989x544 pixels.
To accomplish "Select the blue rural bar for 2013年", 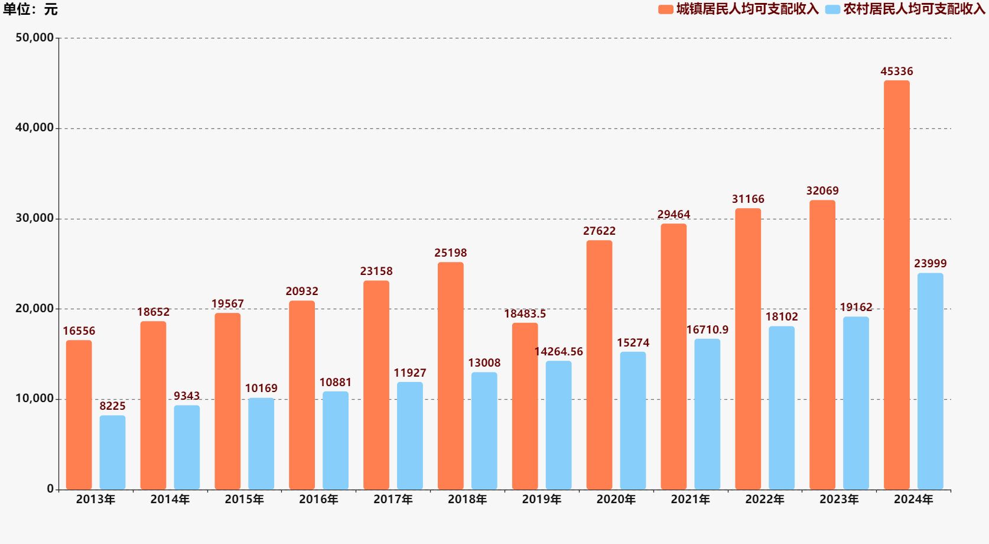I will pos(112,452).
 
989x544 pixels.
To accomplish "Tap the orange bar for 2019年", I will pos(525,406).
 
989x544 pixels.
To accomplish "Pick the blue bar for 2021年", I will pos(707,414).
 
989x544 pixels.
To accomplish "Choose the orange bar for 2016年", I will pos(302,395).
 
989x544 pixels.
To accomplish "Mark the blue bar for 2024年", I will pos(930,381).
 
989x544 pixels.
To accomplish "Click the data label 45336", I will pos(896,72).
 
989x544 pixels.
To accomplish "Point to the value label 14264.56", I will pos(558,352).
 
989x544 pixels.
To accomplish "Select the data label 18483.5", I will pos(525,314).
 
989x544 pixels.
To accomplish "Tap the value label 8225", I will pos(112,406).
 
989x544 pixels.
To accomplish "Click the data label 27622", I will pos(599,231).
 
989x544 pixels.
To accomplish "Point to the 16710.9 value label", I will pos(707,330).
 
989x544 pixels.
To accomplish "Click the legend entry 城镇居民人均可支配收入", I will pos(739,9).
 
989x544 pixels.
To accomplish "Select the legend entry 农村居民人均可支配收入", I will pos(906,9).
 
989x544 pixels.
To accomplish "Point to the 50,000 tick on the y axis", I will pos(34,38).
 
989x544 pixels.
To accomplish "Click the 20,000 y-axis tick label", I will pos(34,309).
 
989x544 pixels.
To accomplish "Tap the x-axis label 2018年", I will pos(467,500).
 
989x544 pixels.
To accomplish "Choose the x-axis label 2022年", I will pos(764,500).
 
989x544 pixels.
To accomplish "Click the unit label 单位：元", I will pos(30,9).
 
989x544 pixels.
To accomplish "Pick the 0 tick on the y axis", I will pos(50,489).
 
